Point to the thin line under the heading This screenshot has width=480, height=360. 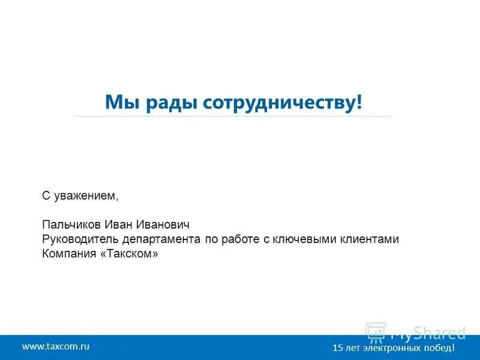point(232,116)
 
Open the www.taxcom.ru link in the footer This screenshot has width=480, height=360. point(56,346)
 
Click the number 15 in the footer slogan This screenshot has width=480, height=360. point(337,348)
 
